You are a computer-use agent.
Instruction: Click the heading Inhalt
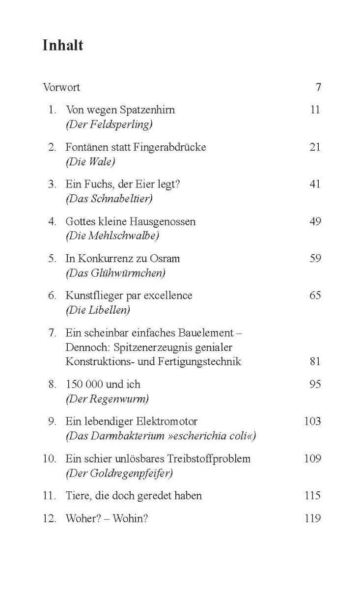tap(63, 46)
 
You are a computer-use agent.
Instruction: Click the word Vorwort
tap(61, 87)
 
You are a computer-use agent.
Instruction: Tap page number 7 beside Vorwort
tap(318, 87)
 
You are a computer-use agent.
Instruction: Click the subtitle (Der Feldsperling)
tap(109, 125)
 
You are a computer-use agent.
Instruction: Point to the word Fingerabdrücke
tap(168, 147)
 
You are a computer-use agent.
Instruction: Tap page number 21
tap(315, 147)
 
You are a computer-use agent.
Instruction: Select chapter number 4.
tap(52, 221)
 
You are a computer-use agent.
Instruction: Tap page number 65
tap(315, 295)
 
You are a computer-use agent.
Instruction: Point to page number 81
tap(315, 361)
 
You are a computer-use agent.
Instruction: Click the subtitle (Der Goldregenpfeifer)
tap(119, 473)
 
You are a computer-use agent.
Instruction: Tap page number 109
tap(312, 458)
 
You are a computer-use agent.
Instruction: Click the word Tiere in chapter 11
tap(78, 495)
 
